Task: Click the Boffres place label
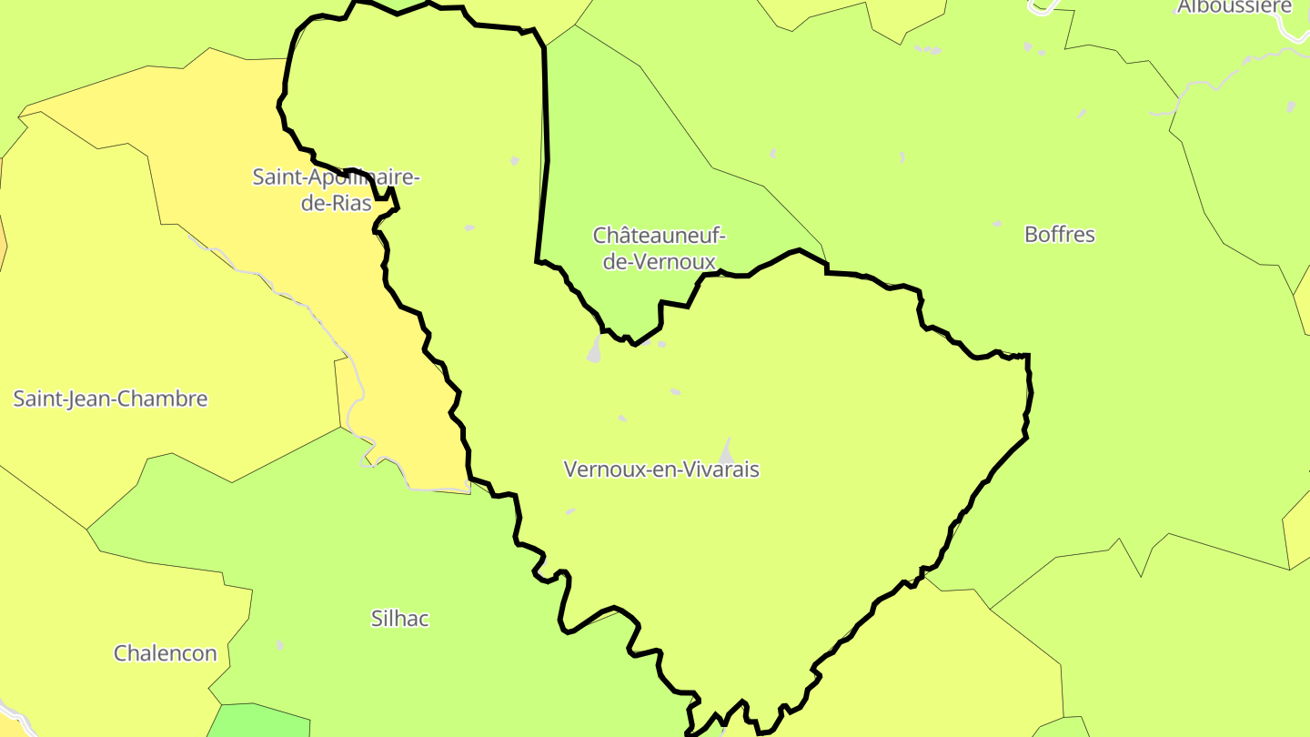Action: coord(1059,235)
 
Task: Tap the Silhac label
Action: coord(399,619)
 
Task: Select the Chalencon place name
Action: coord(165,653)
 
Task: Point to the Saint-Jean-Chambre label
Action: coord(110,399)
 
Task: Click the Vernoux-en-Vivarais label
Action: coord(660,469)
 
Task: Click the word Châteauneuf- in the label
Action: coord(659,236)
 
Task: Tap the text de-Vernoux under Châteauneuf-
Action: coord(659,261)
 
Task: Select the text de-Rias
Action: coord(337,203)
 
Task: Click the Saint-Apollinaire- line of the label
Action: coord(336,177)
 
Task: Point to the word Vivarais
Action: coord(716,469)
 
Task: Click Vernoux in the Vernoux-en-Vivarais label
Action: coord(597,469)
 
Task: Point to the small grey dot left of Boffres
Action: coord(997,224)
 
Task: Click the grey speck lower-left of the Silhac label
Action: coord(279,645)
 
